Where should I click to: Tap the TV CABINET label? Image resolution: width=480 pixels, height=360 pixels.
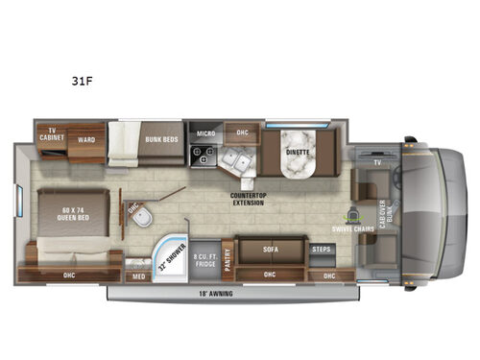tap(50, 133)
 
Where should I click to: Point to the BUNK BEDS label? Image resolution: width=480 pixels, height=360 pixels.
tap(161, 139)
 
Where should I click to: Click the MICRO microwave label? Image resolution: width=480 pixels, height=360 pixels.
tap(205, 133)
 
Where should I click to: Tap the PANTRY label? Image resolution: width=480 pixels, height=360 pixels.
tap(228, 256)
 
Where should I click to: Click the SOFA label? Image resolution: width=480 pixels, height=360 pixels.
tap(271, 248)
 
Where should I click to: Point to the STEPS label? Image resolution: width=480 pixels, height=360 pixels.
tap(322, 249)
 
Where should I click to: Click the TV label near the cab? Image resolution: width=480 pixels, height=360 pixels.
tap(376, 164)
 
